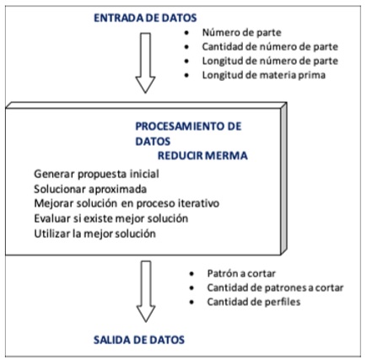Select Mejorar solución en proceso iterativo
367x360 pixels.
119,203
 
